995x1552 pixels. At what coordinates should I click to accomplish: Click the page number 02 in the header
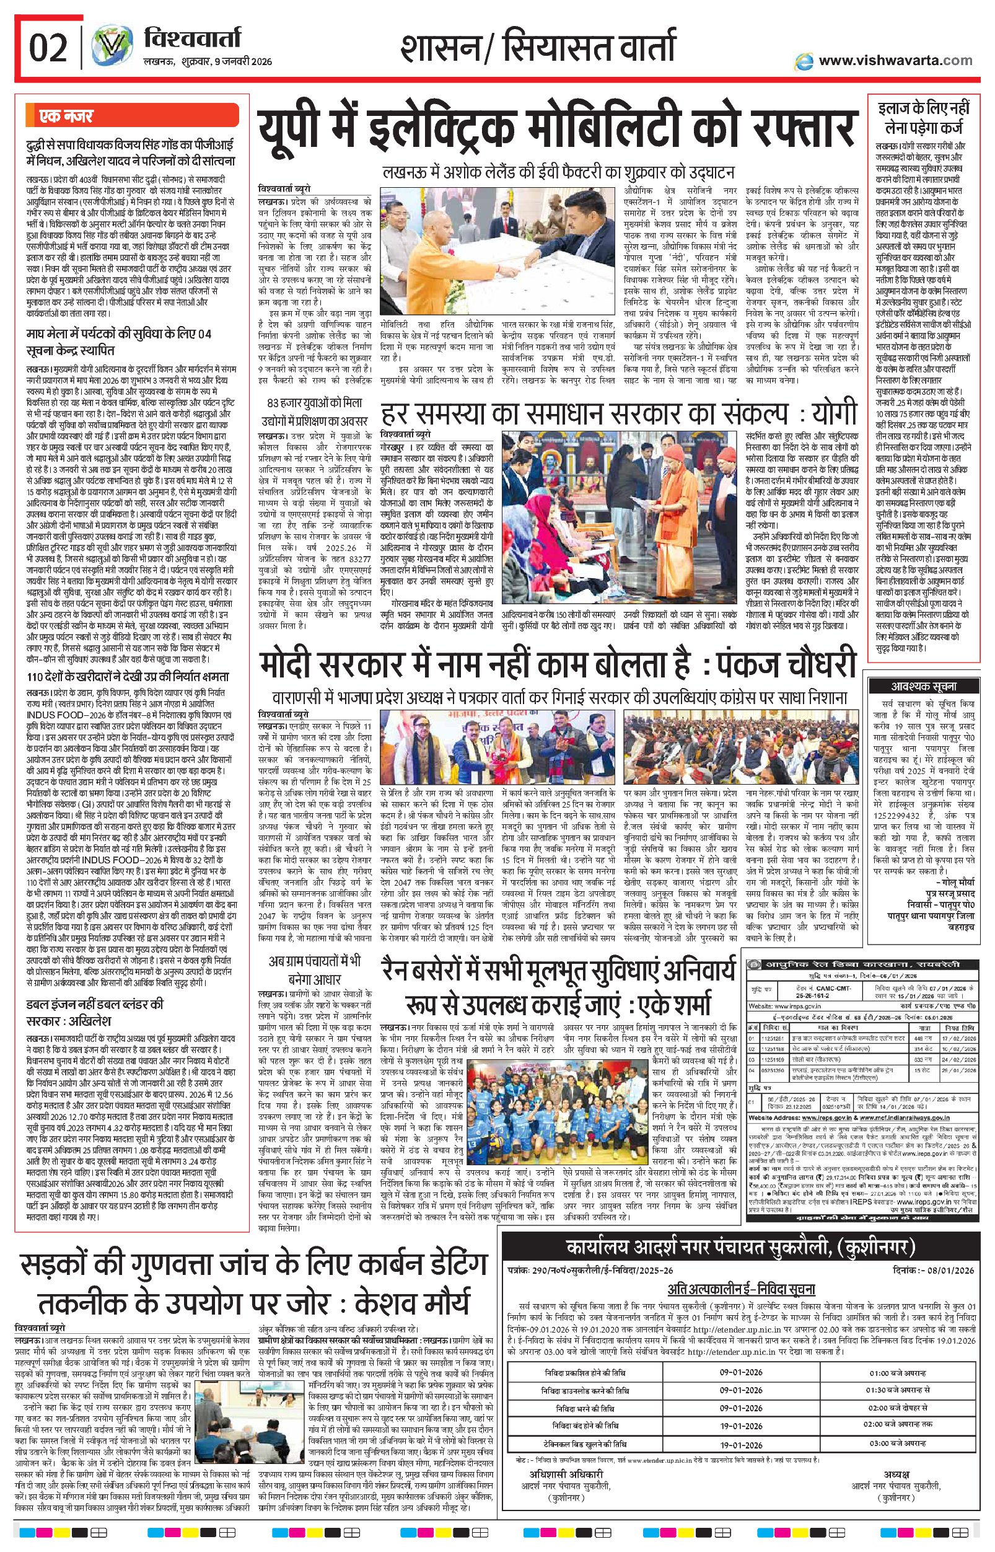[48, 49]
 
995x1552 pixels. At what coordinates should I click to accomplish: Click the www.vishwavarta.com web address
[895, 61]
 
